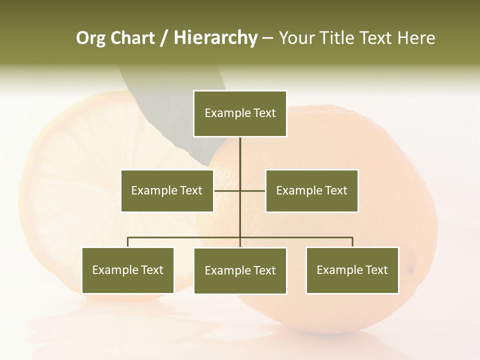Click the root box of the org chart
coord(240,113)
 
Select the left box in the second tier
coord(167,190)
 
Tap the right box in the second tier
coord(311,190)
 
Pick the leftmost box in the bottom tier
coord(128,270)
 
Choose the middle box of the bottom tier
coord(240,270)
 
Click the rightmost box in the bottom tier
coord(352,270)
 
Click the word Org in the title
coord(90,38)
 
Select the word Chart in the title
coord(132,38)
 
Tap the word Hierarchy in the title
coord(215,38)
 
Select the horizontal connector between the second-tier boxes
coord(227,190)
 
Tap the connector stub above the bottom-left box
coord(128,242)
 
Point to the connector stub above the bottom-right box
coord(352,242)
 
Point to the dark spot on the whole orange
coord(411,270)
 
